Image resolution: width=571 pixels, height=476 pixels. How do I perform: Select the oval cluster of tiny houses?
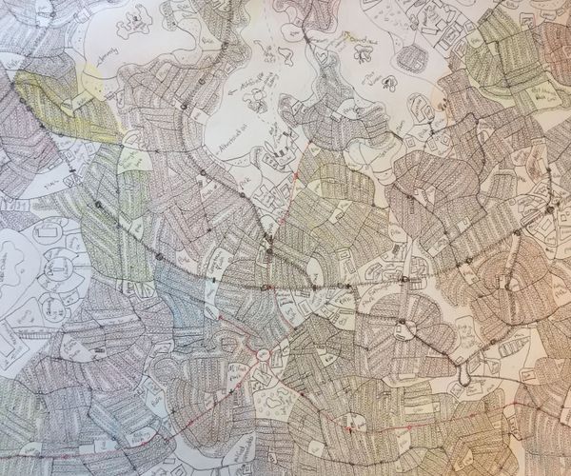pyautogui.click(x=412, y=59)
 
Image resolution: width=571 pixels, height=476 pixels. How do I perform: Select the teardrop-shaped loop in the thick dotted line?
pyautogui.click(x=463, y=376)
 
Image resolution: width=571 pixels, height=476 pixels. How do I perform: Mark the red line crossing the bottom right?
pyautogui.click(x=457, y=419)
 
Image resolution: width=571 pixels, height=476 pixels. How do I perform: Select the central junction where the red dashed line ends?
pyautogui.click(x=269, y=249)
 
